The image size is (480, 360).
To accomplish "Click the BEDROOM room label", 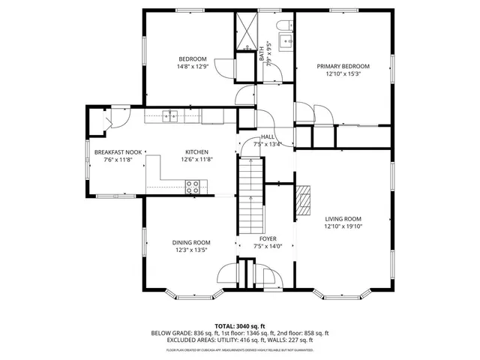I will point(192,59).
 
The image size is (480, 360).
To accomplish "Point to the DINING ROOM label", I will point(190,242).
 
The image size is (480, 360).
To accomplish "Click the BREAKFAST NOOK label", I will point(113,151).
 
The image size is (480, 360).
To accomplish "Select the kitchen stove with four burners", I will point(193,186).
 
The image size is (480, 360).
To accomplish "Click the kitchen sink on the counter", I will point(172,115).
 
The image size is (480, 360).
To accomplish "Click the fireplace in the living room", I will point(304,199).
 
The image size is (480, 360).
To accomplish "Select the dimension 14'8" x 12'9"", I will point(192,67).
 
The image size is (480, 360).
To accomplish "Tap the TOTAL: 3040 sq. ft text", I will point(240,325).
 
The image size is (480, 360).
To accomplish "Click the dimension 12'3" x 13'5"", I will point(190,250).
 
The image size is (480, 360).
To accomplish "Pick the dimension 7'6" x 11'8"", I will point(113,159).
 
